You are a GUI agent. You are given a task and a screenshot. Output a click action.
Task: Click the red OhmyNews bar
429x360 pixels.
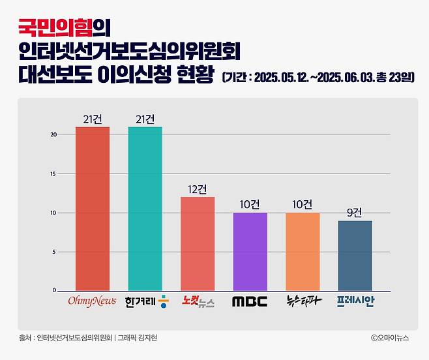93,209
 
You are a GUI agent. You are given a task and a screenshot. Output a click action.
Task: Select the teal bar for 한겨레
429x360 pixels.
145,209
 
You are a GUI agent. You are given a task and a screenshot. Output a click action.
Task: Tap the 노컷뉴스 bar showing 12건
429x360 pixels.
198,243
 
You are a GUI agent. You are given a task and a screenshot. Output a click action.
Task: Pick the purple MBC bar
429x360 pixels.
250,251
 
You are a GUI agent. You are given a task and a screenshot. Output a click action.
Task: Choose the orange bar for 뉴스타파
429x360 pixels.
303,251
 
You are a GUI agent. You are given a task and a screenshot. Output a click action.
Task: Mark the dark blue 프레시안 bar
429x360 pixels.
355,256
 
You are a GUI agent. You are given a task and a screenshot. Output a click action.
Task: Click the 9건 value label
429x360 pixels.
355,212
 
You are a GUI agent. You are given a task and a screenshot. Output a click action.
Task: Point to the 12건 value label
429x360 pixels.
198,188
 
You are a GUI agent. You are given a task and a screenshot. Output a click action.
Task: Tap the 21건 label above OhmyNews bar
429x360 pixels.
93,119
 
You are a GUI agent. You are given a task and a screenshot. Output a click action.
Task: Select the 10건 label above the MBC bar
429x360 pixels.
250,204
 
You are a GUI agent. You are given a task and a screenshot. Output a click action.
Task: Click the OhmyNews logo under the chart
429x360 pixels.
93,302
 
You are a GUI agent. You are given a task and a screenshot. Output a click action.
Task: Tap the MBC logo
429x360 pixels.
250,302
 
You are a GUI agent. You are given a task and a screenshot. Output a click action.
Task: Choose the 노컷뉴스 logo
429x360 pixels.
198,301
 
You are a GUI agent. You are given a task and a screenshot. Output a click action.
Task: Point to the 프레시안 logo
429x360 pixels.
355,301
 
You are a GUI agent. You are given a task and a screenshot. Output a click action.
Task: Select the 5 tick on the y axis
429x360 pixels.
54,252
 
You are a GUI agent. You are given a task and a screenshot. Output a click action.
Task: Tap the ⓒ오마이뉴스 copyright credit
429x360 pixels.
389,338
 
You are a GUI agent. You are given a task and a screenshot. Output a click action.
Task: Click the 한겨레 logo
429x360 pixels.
145,301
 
